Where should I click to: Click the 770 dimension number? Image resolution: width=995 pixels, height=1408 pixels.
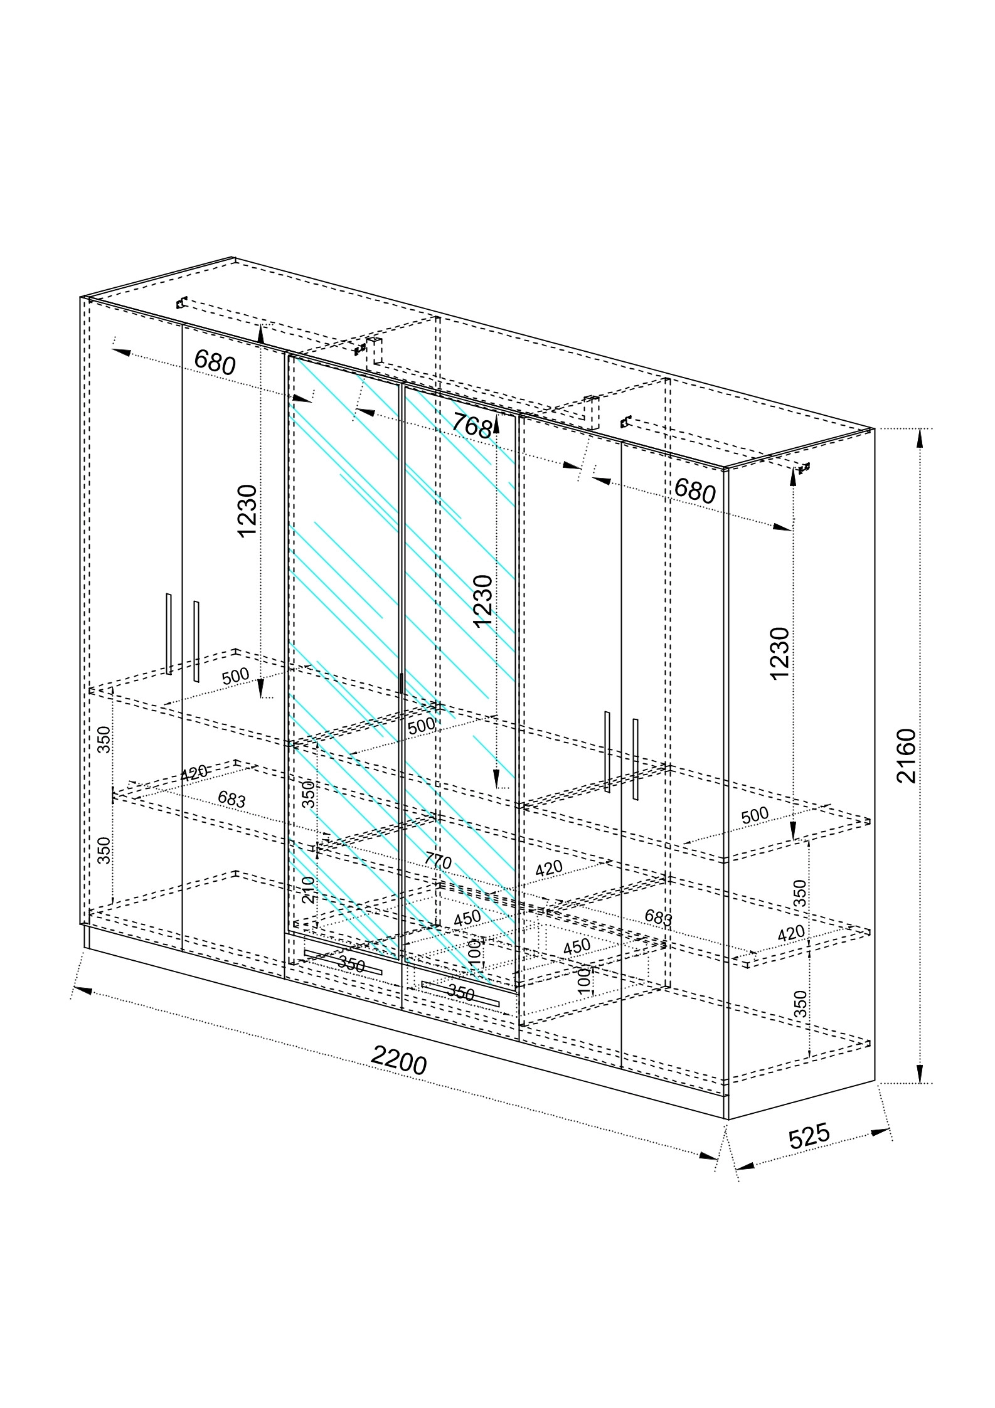coord(437,862)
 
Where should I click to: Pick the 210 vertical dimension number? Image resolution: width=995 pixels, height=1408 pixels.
coord(309,889)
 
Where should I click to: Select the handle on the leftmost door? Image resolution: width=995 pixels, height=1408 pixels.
coord(169,633)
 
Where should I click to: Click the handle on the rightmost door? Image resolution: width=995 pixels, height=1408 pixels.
coord(636,759)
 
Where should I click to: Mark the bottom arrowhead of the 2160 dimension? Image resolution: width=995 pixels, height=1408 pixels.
coord(920,1073)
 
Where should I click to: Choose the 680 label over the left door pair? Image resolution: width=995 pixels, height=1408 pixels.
coord(215,363)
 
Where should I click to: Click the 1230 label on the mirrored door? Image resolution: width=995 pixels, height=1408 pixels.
coord(483,600)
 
